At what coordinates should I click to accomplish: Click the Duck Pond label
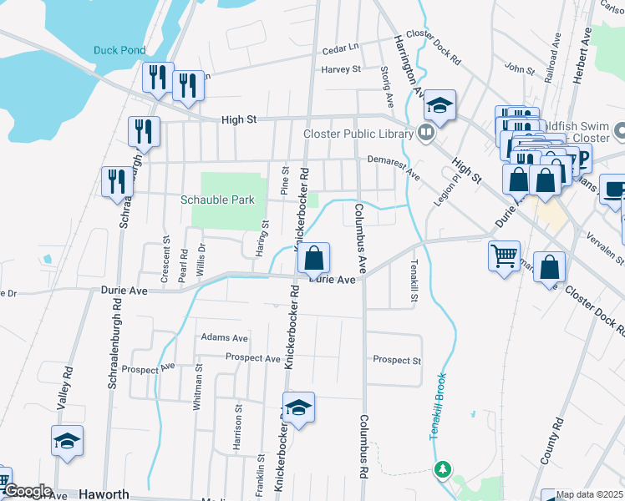tap(119, 50)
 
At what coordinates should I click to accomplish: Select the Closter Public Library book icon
tap(426, 133)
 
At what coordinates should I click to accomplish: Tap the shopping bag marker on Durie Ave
tap(314, 258)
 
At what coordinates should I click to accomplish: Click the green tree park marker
tap(443, 472)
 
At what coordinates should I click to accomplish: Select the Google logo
tap(27, 491)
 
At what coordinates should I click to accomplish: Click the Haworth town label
tap(105, 494)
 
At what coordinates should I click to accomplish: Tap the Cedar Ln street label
tap(341, 48)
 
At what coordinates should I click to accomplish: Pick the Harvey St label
tap(341, 69)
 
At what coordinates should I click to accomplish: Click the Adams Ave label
tap(224, 338)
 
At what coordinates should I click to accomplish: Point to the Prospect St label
tap(397, 360)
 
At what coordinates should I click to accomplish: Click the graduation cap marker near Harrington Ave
tap(440, 106)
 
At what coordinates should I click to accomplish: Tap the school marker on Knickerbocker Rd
tap(298, 407)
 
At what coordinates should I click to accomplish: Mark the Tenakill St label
tap(414, 280)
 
